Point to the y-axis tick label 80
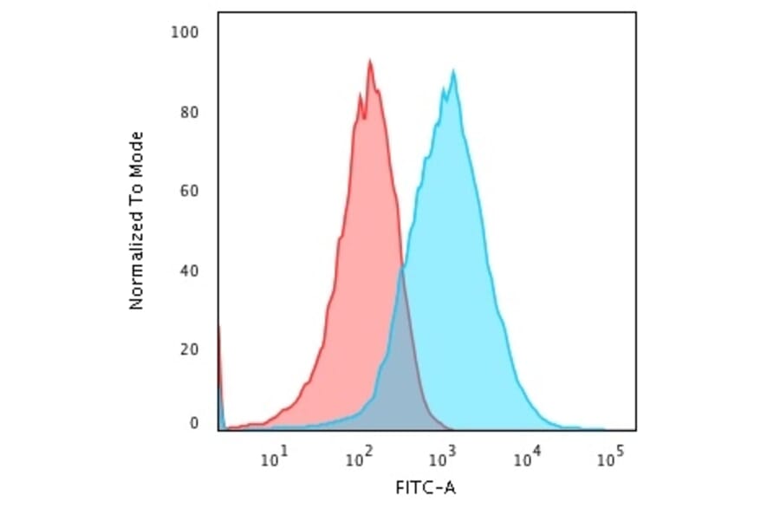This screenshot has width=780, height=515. pos(190,113)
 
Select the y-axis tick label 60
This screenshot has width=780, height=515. pos(190,192)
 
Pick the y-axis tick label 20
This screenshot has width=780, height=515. pos(190,349)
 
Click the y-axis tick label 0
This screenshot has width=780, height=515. pos(194,423)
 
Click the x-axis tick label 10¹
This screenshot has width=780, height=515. pos(274,457)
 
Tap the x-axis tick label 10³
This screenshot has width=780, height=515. pos(442,457)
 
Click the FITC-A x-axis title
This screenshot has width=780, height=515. pos(425,488)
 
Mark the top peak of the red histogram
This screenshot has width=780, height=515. pos(370,61)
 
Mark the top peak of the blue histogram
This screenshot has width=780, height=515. pos(452,70)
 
